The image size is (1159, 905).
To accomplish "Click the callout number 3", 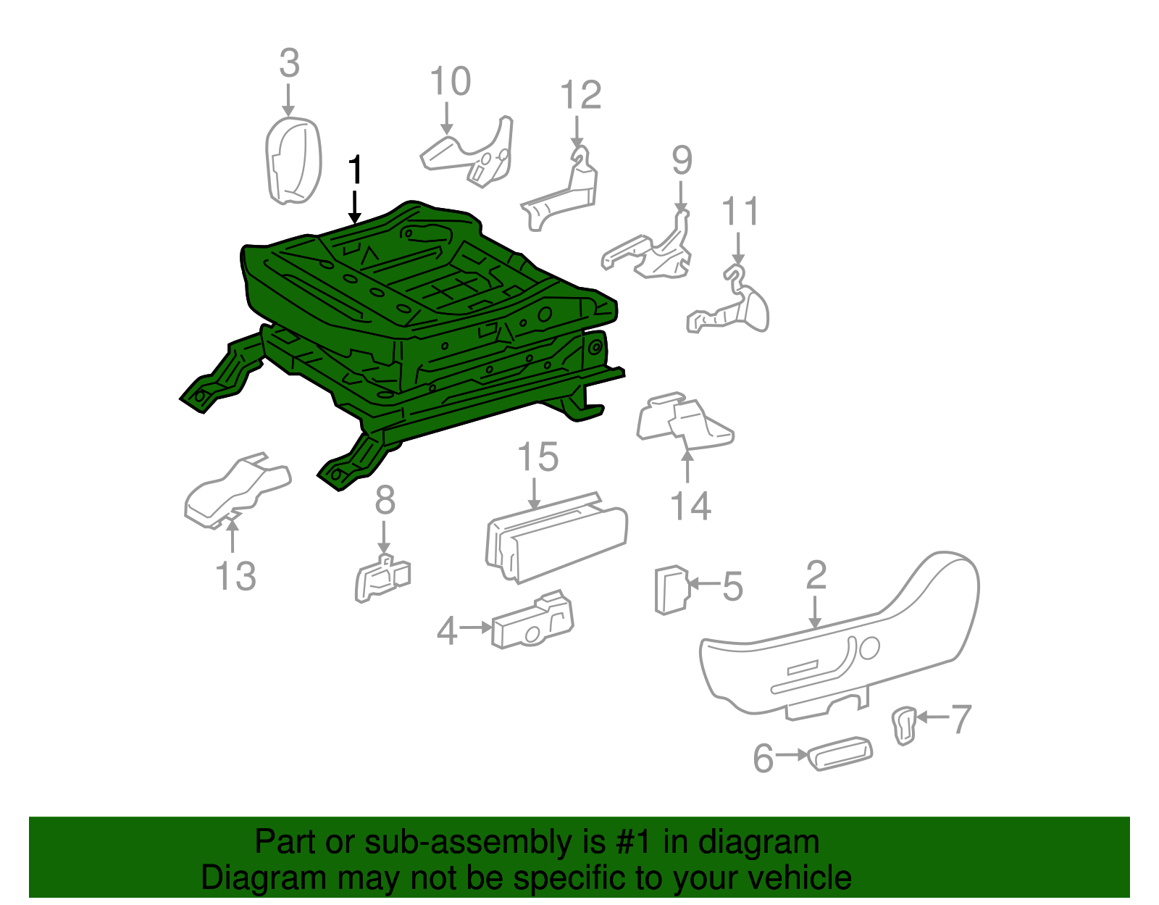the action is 290,63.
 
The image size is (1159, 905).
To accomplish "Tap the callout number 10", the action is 451,81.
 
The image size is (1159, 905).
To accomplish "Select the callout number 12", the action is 581,94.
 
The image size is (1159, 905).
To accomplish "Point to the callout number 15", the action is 538,457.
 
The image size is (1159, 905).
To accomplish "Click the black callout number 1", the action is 355,170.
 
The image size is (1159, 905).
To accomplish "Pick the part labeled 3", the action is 293,161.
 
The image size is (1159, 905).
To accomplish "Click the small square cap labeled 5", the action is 672,590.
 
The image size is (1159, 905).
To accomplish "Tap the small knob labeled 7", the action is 904,725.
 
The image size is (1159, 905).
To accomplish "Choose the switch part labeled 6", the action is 840,754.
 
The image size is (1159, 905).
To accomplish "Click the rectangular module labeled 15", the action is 556,538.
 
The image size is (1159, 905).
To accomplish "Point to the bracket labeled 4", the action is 533,621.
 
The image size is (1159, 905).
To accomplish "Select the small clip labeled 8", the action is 382,578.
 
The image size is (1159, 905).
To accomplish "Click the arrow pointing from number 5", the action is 705,584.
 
